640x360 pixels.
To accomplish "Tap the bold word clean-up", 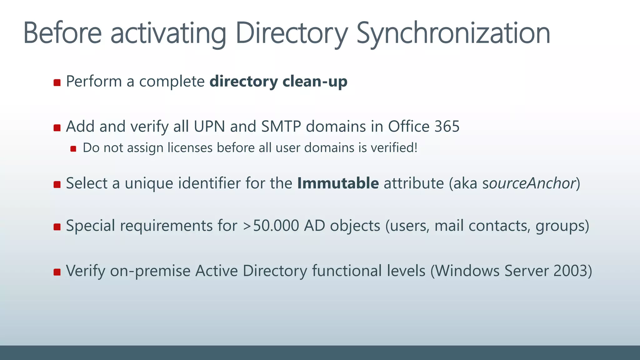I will (x=315, y=82).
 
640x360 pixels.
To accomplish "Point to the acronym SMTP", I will (x=281, y=127).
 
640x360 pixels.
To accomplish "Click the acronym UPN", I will (x=209, y=127).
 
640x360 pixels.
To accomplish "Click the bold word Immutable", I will (x=338, y=183).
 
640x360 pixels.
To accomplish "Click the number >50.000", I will (x=271, y=226).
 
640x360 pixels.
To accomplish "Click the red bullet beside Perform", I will (x=57, y=82).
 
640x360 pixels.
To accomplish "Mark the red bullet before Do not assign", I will (x=73, y=149).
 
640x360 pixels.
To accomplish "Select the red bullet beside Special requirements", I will (x=57, y=227).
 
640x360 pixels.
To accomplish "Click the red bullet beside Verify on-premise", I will (x=57, y=272).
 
